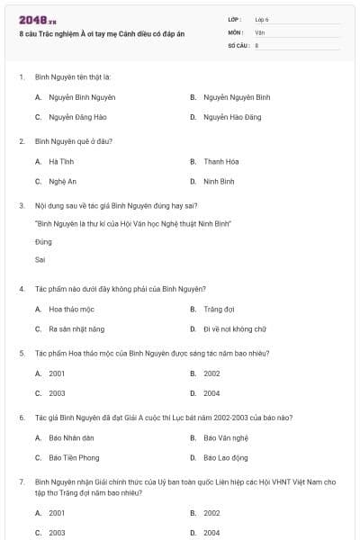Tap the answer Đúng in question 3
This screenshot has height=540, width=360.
point(43,242)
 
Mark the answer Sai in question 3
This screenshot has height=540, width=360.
point(40,259)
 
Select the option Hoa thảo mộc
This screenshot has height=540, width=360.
point(72,309)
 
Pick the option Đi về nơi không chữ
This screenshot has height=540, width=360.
point(235,329)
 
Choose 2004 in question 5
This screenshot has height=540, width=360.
point(211,393)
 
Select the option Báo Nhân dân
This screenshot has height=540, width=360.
point(72,437)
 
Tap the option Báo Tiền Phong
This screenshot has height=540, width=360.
point(74,457)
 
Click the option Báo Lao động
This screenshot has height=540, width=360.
point(225,457)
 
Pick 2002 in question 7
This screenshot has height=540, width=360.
point(211,513)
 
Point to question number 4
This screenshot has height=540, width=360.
point(21,289)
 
